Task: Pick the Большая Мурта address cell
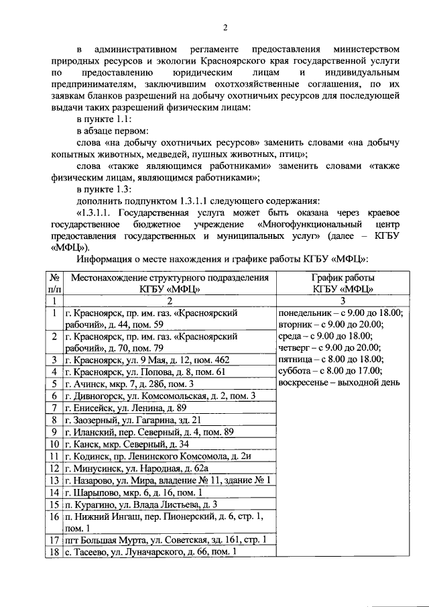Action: pyautogui.click(x=165, y=540)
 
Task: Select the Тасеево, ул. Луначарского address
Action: pyautogui.click(x=151, y=552)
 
